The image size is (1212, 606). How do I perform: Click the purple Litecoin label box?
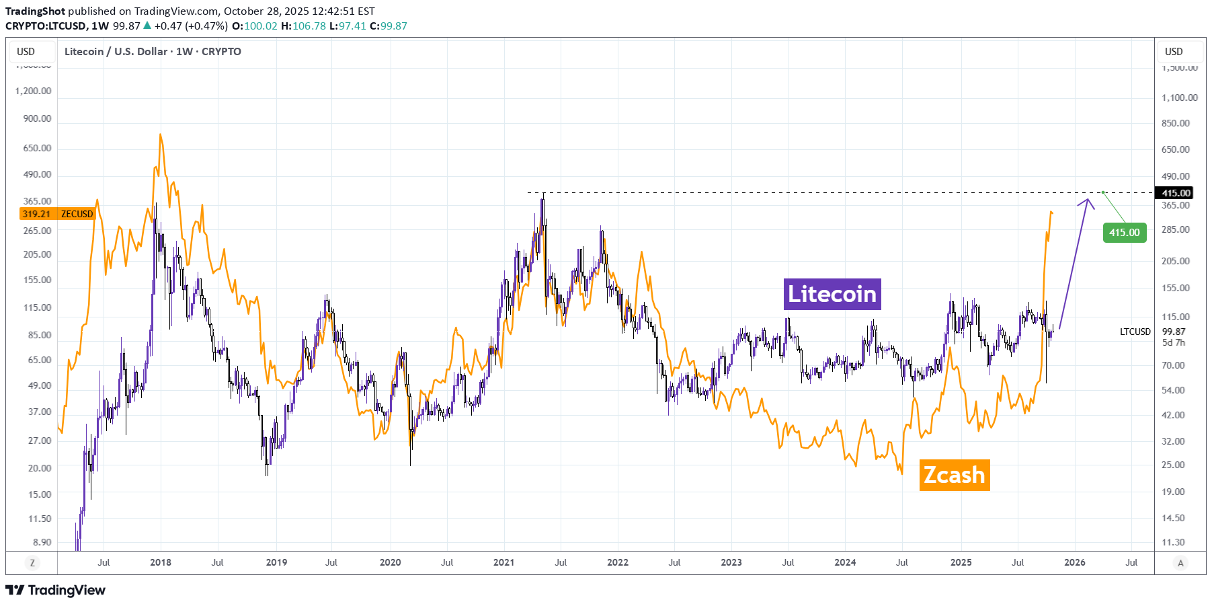[832, 294]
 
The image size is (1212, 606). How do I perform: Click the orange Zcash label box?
[954, 475]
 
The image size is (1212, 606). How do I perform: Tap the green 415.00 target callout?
[1124, 233]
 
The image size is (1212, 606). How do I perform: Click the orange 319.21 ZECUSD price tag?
[57, 214]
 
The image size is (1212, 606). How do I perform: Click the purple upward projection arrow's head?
[1087, 200]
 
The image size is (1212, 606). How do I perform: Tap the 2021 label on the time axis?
[503, 562]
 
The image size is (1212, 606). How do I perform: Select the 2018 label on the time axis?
[160, 562]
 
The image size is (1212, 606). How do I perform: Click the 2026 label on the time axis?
[1074, 562]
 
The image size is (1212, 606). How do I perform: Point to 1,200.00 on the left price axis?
[34, 91]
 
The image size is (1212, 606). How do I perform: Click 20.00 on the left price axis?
[40, 468]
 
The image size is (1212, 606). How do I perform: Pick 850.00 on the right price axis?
[1175, 123]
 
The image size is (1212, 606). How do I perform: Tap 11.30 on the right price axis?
[1173, 542]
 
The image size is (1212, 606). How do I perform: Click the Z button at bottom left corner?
[32, 563]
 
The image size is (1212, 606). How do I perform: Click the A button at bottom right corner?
[1180, 563]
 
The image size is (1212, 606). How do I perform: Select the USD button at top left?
[26, 52]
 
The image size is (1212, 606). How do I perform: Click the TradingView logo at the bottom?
[56, 590]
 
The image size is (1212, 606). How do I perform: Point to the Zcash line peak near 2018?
[160, 135]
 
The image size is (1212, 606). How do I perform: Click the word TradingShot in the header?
[35, 11]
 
